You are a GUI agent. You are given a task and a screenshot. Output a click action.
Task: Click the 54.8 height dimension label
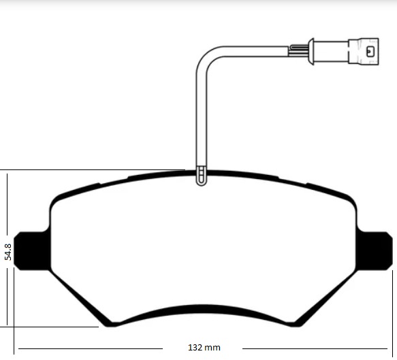pyautogui.click(x=8, y=252)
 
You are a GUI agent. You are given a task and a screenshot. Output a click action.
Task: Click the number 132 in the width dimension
pyautogui.click(x=195, y=348)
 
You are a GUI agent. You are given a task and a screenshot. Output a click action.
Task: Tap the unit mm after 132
pyautogui.click(x=213, y=348)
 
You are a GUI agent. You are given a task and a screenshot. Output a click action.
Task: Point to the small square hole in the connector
pyautogui.click(x=368, y=50)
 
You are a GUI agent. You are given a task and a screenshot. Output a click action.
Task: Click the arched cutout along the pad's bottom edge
pyautogui.click(x=202, y=310)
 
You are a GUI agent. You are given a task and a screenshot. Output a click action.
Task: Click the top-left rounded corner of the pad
pyautogui.click(x=57, y=200)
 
